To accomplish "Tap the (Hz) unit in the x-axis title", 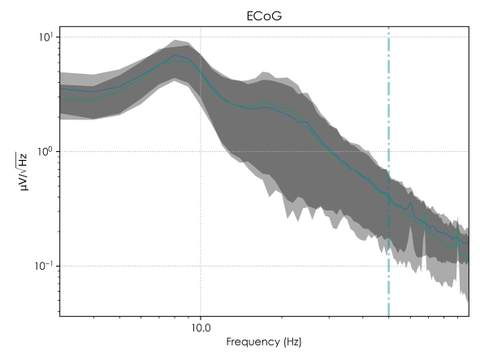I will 290,343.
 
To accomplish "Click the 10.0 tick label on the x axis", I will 201,329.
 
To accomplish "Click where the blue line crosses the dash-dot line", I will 389,195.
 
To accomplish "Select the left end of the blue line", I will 59,89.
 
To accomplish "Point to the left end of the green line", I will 59,98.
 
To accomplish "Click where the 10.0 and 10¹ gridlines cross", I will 201,37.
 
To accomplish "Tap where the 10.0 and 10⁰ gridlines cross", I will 201,152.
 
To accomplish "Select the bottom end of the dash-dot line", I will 389,316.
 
